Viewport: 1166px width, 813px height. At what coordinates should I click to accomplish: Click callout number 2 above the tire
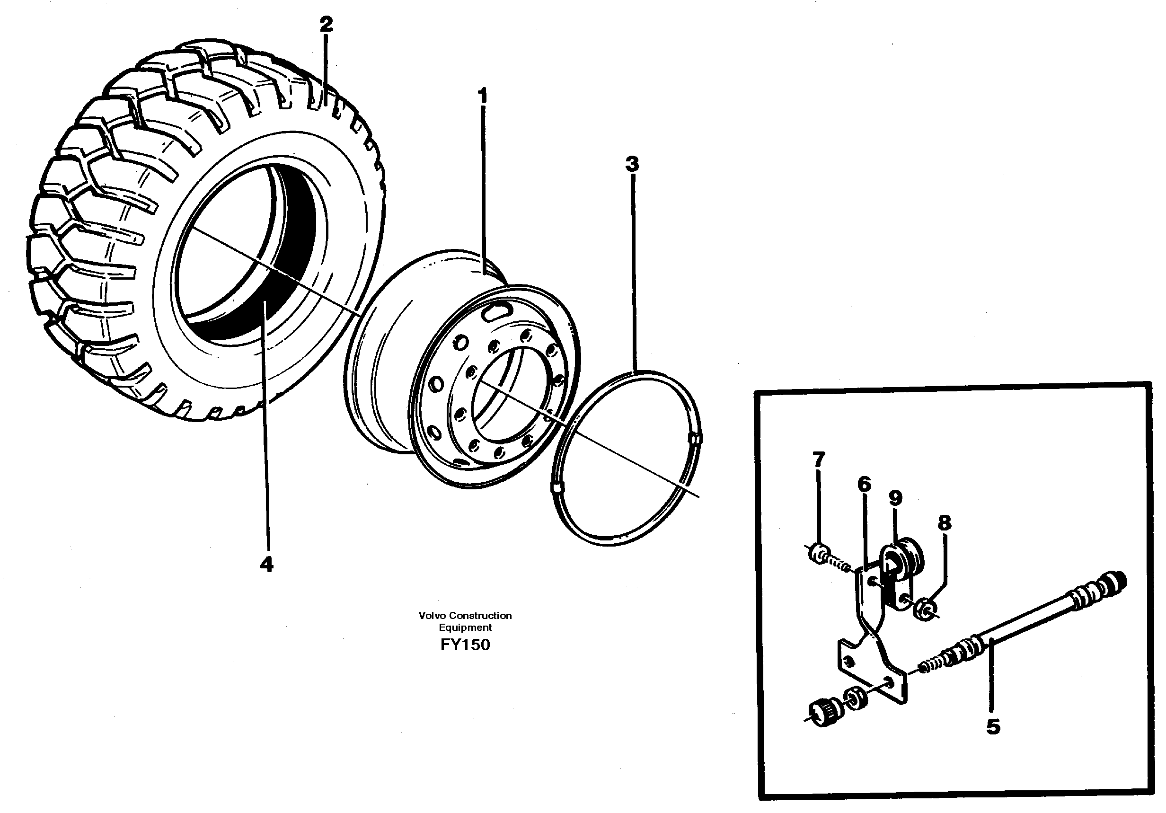326,24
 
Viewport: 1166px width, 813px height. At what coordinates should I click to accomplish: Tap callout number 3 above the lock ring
632,164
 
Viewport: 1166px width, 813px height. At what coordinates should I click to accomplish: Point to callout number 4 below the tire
266,564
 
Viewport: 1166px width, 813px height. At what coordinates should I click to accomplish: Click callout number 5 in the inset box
993,727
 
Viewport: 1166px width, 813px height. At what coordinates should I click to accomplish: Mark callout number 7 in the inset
819,460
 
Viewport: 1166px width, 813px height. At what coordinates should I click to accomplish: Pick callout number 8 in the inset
944,522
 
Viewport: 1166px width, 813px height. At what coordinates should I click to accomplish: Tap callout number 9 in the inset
895,498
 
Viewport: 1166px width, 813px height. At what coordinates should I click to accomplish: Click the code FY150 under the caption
465,645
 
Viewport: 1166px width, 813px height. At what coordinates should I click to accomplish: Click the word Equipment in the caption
465,627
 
